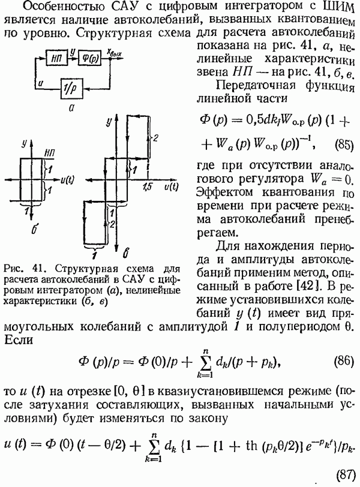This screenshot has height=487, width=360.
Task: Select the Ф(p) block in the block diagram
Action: (89, 58)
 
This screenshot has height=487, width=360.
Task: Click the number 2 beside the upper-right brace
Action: (155, 139)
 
